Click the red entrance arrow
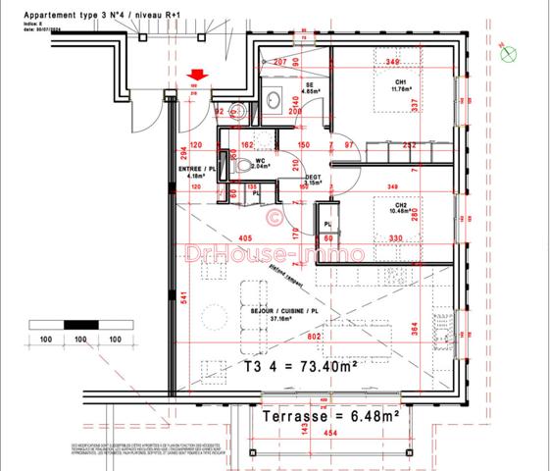point(199,74)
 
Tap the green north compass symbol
point(508,55)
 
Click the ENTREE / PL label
point(196,171)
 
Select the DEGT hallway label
point(314,178)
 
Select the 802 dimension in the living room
point(313,339)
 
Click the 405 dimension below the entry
point(244,238)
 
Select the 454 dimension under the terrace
point(333,435)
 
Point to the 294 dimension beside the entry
point(182,153)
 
